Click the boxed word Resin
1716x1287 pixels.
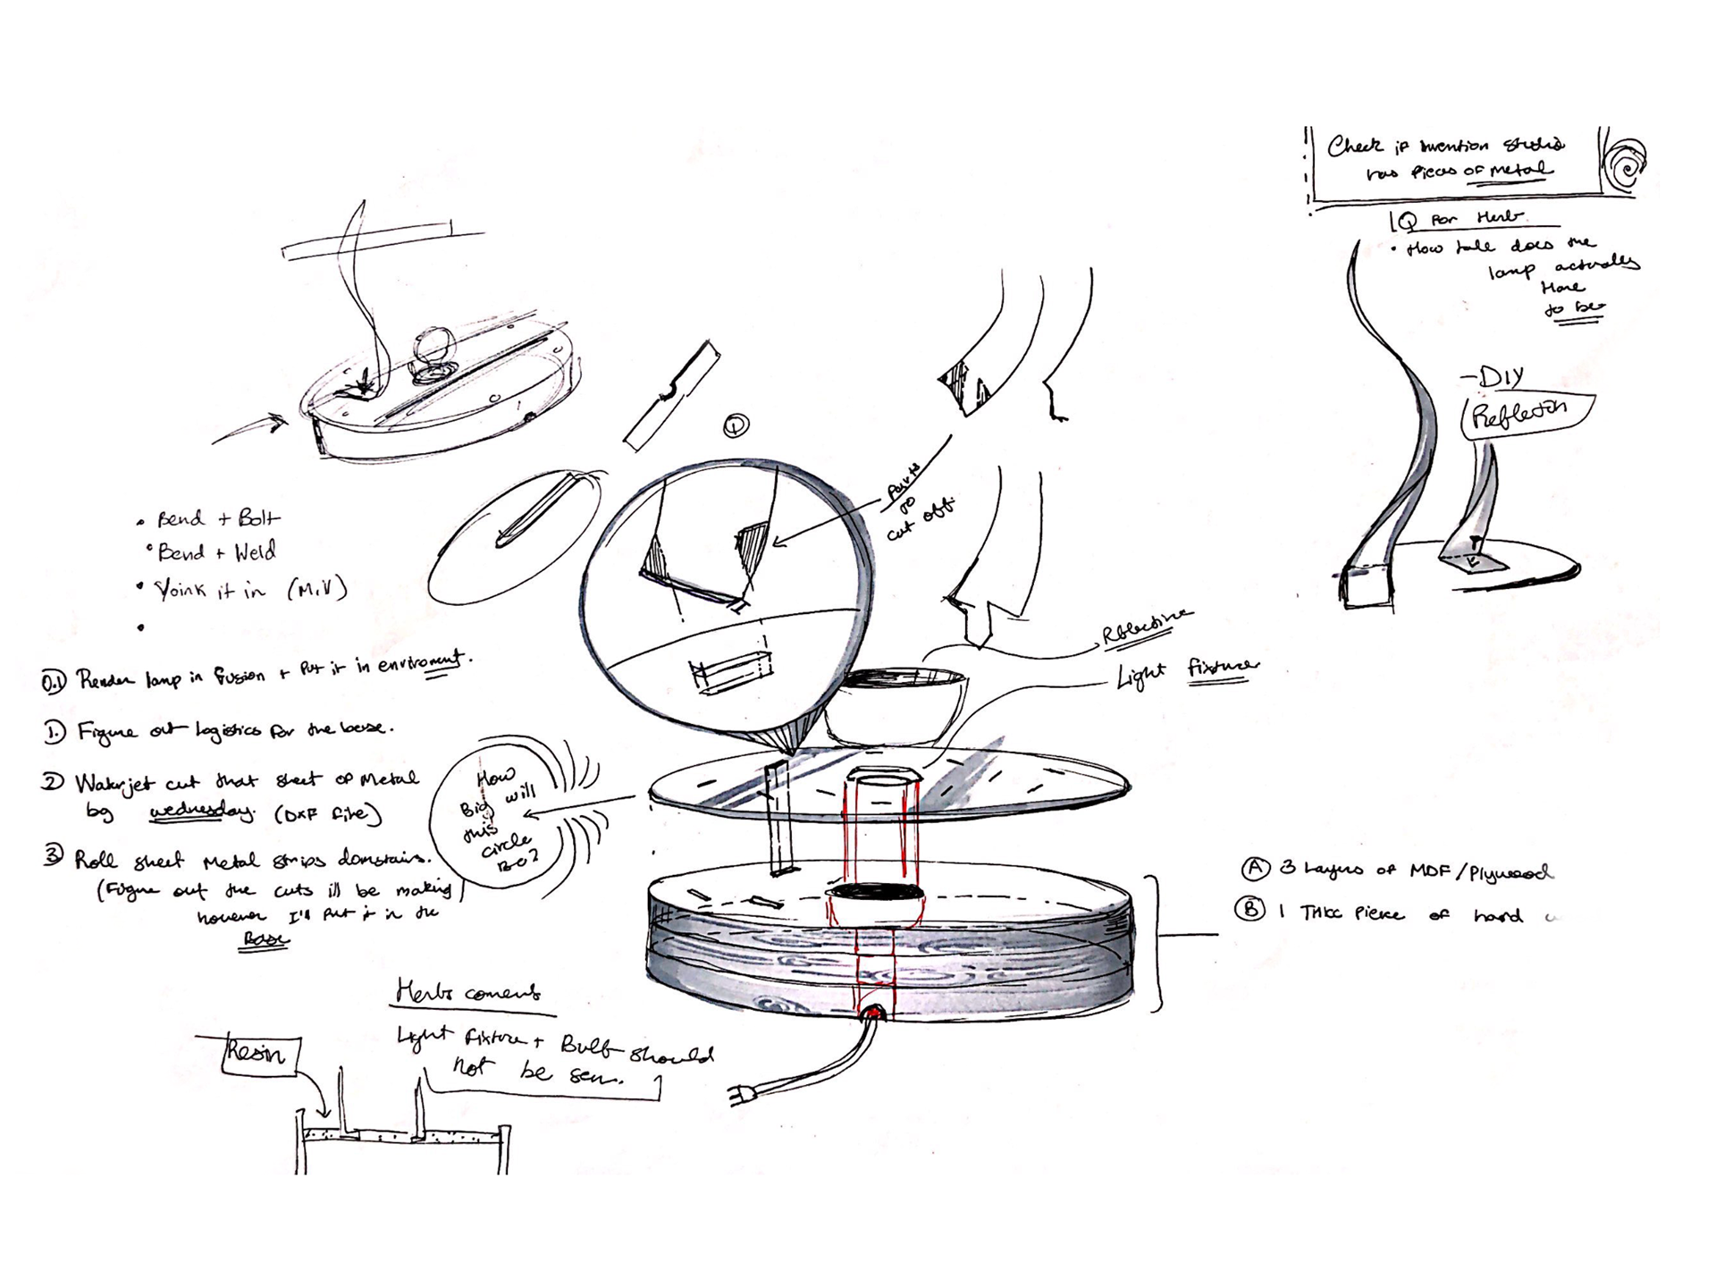tap(259, 1055)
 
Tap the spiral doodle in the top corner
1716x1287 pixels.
tap(1625, 164)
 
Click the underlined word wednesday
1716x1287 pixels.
tap(201, 812)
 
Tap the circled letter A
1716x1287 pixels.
tap(1255, 868)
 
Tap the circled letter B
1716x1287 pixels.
tap(1249, 911)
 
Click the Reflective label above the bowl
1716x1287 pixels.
tap(1146, 626)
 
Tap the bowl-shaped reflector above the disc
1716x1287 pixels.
tap(894, 706)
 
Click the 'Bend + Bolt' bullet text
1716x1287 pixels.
tap(217, 518)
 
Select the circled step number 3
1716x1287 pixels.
tap(54, 856)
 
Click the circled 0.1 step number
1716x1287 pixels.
tap(54, 683)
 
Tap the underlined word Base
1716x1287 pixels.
tap(265, 939)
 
